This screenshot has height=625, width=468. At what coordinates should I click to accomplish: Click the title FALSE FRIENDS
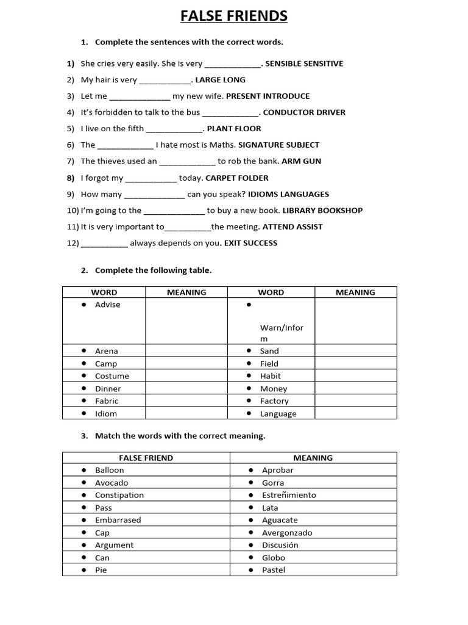pyautogui.click(x=234, y=16)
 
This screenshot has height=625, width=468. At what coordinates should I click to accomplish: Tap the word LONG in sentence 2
pyautogui.click(x=235, y=80)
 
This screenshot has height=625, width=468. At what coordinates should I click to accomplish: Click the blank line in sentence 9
pyautogui.click(x=154, y=195)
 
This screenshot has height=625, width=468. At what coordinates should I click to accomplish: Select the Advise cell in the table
pyautogui.click(x=108, y=305)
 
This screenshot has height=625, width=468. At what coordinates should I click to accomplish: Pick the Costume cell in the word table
pyautogui.click(x=112, y=376)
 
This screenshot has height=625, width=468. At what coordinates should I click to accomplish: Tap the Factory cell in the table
pyautogui.click(x=274, y=401)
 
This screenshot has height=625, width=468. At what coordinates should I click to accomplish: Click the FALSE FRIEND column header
pyautogui.click(x=146, y=458)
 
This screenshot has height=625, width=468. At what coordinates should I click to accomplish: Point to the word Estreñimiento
pyautogui.click(x=289, y=495)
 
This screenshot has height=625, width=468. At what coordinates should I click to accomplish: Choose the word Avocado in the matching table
pyautogui.click(x=112, y=483)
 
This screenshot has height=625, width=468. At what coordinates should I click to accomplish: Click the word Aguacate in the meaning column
pyautogui.click(x=280, y=520)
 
